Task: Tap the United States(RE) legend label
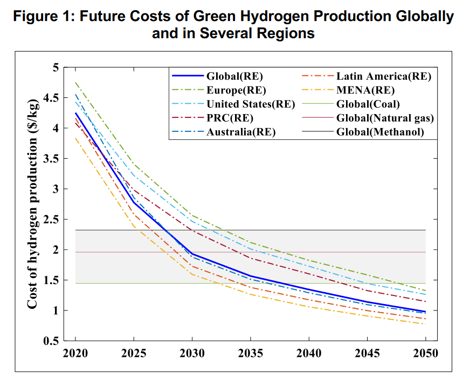(x=251, y=104)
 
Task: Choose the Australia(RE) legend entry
(x=241, y=132)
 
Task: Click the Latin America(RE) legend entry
(x=383, y=76)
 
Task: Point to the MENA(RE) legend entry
(x=365, y=90)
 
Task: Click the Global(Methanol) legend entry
(x=379, y=132)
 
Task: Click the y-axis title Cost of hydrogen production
(x=33, y=204)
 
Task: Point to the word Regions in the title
(x=285, y=33)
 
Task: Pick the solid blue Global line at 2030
(x=192, y=254)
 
